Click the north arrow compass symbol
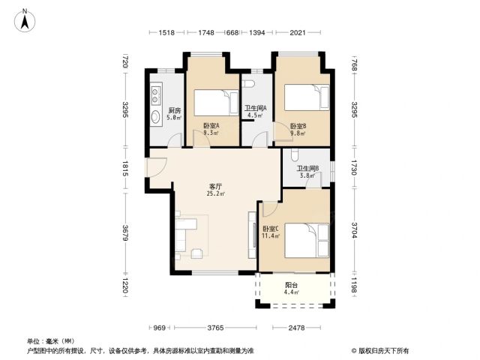(25, 20)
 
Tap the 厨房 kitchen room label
(175, 110)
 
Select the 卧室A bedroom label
(211, 125)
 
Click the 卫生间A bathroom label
(255, 108)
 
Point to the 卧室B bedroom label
(298, 126)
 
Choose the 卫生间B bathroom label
(308, 168)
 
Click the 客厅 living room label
(215, 186)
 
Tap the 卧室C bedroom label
(271, 229)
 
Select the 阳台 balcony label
(292, 285)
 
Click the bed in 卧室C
(307, 241)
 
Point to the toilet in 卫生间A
(248, 83)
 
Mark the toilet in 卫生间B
(294, 155)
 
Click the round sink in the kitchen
(156, 117)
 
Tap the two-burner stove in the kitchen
(155, 95)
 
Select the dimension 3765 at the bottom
(215, 328)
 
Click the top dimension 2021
(298, 32)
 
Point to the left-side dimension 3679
(125, 232)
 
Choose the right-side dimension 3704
(354, 230)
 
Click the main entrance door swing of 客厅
(157, 167)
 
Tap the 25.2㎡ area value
(216, 193)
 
